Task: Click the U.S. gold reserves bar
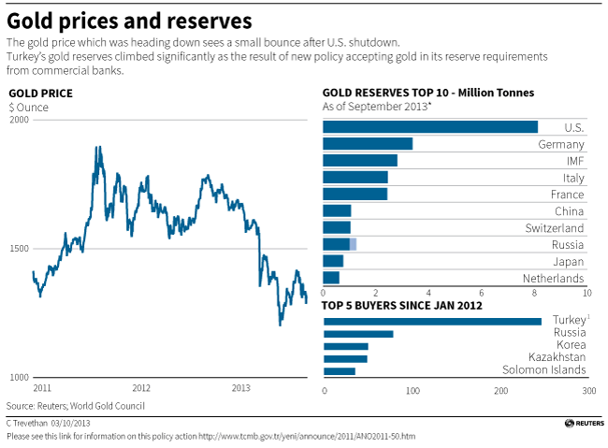pyautogui.click(x=429, y=127)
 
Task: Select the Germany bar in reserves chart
pyautogui.click(x=367, y=144)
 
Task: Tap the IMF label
pyautogui.click(x=574, y=161)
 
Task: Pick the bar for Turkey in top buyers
pyautogui.click(x=431, y=322)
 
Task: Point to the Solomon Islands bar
pyautogui.click(x=339, y=371)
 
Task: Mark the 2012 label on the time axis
pyautogui.click(x=141, y=387)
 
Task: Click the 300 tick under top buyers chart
pyautogui.click(x=588, y=391)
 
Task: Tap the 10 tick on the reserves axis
pyautogui.click(x=586, y=292)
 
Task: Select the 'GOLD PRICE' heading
pyautogui.click(x=40, y=94)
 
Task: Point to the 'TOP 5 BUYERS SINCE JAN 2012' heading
pyautogui.click(x=401, y=305)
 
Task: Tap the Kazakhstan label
pyautogui.click(x=557, y=358)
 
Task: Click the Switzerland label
pyautogui.click(x=556, y=228)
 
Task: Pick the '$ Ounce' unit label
pyautogui.click(x=28, y=108)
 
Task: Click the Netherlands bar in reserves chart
pyautogui.click(x=330, y=278)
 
